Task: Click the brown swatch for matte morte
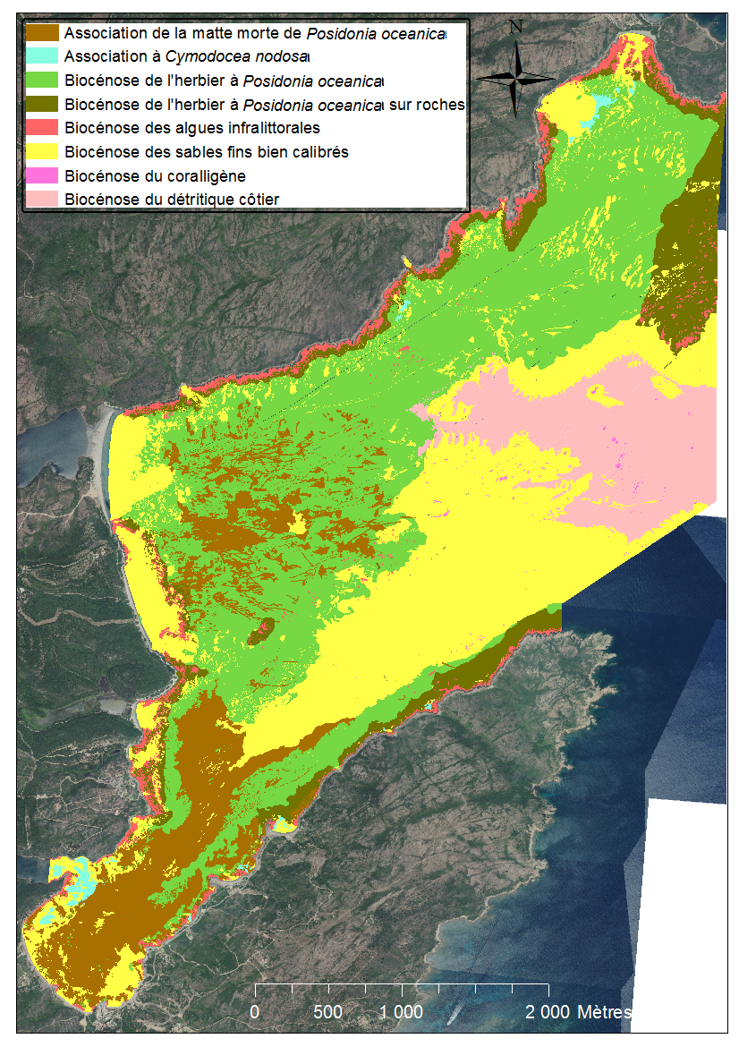(42, 33)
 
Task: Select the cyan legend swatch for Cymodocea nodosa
(42, 57)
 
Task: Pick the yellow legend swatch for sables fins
(42, 152)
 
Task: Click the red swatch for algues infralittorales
(42, 129)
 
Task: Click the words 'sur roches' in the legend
(428, 105)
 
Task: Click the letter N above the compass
(515, 27)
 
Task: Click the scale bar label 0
(255, 1012)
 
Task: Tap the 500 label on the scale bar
(328, 1012)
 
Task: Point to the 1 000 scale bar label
(402, 1012)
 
